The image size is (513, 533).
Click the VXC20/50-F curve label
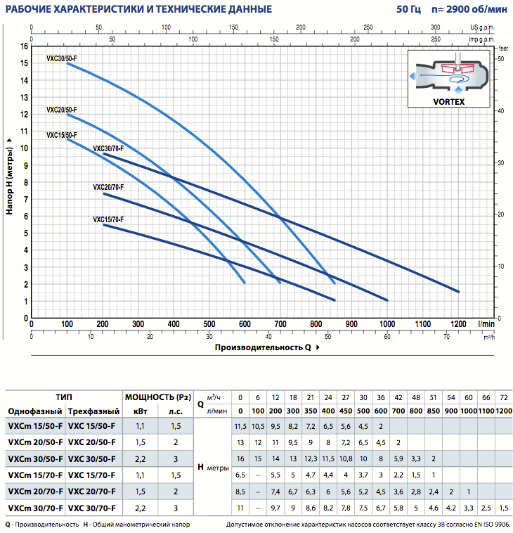tap(61, 110)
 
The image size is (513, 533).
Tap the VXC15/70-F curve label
tap(108, 219)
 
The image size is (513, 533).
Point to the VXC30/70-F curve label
tap(108, 148)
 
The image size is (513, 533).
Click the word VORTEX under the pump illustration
tap(449, 101)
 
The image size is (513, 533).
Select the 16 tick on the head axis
tap(25, 46)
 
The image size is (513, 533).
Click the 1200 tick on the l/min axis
tap(458, 324)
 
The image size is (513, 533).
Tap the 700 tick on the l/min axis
tap(280, 324)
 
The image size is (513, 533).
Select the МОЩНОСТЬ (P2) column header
tap(157, 397)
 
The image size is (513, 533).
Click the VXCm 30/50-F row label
tap(34, 459)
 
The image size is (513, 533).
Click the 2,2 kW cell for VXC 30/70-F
tap(141, 508)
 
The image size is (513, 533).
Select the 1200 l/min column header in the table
tap(502, 411)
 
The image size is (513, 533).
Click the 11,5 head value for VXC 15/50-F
tap(240, 427)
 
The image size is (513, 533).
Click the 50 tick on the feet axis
tap(502, 59)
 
